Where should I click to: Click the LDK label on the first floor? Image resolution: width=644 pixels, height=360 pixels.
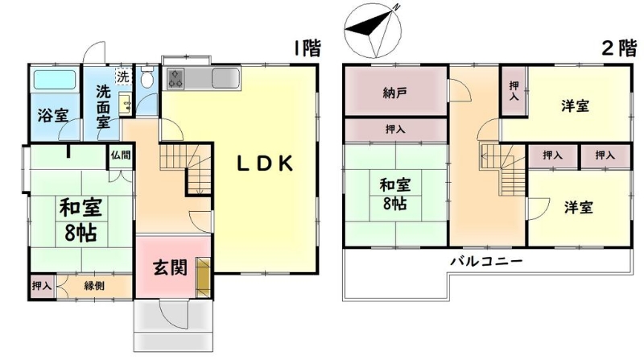(266, 163)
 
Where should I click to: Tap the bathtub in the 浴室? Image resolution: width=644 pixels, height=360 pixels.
(54, 79)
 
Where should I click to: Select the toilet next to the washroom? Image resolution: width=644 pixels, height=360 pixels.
(147, 77)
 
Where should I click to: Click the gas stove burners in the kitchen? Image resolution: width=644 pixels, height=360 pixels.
(175, 78)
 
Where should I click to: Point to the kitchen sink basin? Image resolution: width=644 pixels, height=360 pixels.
(225, 78)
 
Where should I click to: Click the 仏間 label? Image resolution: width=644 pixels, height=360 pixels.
(120, 155)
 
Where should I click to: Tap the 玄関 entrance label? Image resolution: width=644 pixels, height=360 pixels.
(171, 267)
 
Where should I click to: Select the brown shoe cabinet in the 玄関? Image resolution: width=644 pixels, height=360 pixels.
(203, 277)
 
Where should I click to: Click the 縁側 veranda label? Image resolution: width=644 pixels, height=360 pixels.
(94, 286)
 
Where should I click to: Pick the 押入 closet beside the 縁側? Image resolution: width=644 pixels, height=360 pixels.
(43, 286)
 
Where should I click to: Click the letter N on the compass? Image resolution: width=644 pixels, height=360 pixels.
(396, 7)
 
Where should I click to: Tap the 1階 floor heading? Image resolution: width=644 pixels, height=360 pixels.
(307, 48)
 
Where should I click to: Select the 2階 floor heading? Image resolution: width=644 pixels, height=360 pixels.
(620, 48)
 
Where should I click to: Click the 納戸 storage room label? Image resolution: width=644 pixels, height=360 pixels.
(395, 93)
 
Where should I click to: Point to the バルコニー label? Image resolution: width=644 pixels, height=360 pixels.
(487, 262)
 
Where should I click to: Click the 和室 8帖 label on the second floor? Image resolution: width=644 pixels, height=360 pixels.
(395, 193)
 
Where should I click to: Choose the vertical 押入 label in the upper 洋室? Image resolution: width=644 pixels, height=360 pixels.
(514, 91)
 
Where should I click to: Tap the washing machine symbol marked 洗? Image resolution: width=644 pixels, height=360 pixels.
(123, 77)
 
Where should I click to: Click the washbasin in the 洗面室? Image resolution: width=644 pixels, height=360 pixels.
(126, 103)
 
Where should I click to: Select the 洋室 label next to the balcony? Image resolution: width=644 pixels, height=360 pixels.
(578, 208)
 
